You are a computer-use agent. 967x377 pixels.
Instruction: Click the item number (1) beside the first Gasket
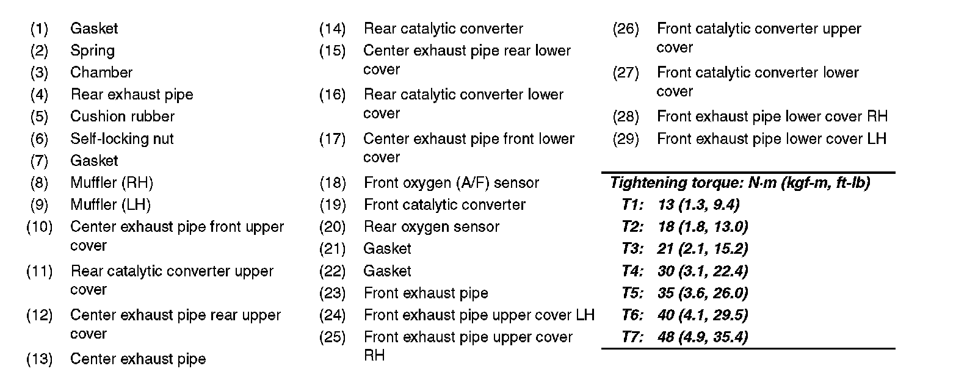pos(39,29)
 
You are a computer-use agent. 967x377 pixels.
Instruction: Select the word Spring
pos(92,51)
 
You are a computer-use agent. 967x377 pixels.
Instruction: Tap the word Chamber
pos(101,73)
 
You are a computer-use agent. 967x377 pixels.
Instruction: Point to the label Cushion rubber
pos(122,117)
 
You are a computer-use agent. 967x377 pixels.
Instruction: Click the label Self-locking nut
pos(121,139)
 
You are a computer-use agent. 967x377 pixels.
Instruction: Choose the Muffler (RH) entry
pos(112,182)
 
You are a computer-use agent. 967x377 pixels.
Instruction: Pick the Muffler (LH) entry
pos(110,204)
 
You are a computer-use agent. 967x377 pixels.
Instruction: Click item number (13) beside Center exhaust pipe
pos(39,359)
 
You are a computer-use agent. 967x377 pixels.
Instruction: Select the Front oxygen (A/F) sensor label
pos(451,182)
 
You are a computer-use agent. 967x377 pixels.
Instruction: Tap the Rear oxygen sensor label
pos(431,227)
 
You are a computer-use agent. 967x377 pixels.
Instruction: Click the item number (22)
pos(332,271)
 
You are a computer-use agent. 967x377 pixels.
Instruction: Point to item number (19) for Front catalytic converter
pos(332,205)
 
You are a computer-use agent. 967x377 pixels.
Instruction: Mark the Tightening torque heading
pos(740,182)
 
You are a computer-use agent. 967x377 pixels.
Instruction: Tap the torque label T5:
pos(632,293)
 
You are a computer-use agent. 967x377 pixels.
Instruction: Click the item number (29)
pos(625,139)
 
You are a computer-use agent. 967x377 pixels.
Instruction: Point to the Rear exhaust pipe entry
pos(131,95)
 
